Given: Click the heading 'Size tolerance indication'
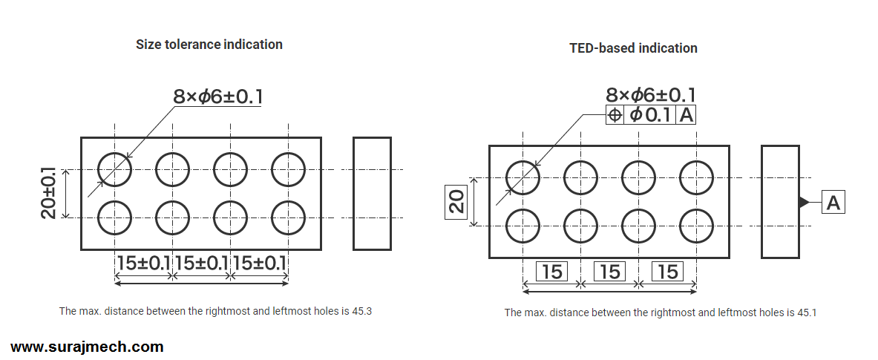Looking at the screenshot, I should (209, 45).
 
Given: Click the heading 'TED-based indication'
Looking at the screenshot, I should (633, 48).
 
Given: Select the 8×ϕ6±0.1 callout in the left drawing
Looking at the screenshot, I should (217, 96).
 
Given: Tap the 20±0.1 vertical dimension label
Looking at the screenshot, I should (49, 192).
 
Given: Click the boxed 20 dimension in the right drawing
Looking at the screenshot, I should (456, 201).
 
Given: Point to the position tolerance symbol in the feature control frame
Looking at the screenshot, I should (615, 115).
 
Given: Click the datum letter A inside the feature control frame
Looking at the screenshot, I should (686, 115).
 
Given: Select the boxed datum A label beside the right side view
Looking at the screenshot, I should (833, 202).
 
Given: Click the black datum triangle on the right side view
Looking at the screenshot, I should (804, 202).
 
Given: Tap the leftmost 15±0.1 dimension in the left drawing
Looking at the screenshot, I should (143, 263).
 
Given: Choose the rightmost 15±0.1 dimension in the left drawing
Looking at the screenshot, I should (259, 263).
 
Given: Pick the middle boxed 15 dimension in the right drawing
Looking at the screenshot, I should (609, 272).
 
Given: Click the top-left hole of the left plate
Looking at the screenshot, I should (114, 170).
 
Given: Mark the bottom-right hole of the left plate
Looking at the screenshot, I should (288, 217).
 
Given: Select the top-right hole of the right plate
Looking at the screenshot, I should (696, 177).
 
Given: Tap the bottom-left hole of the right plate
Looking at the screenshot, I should (522, 226).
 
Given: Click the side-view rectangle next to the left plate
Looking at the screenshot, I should (372, 193).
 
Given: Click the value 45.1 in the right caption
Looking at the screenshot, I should (807, 312).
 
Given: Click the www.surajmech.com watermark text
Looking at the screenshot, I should (87, 347).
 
